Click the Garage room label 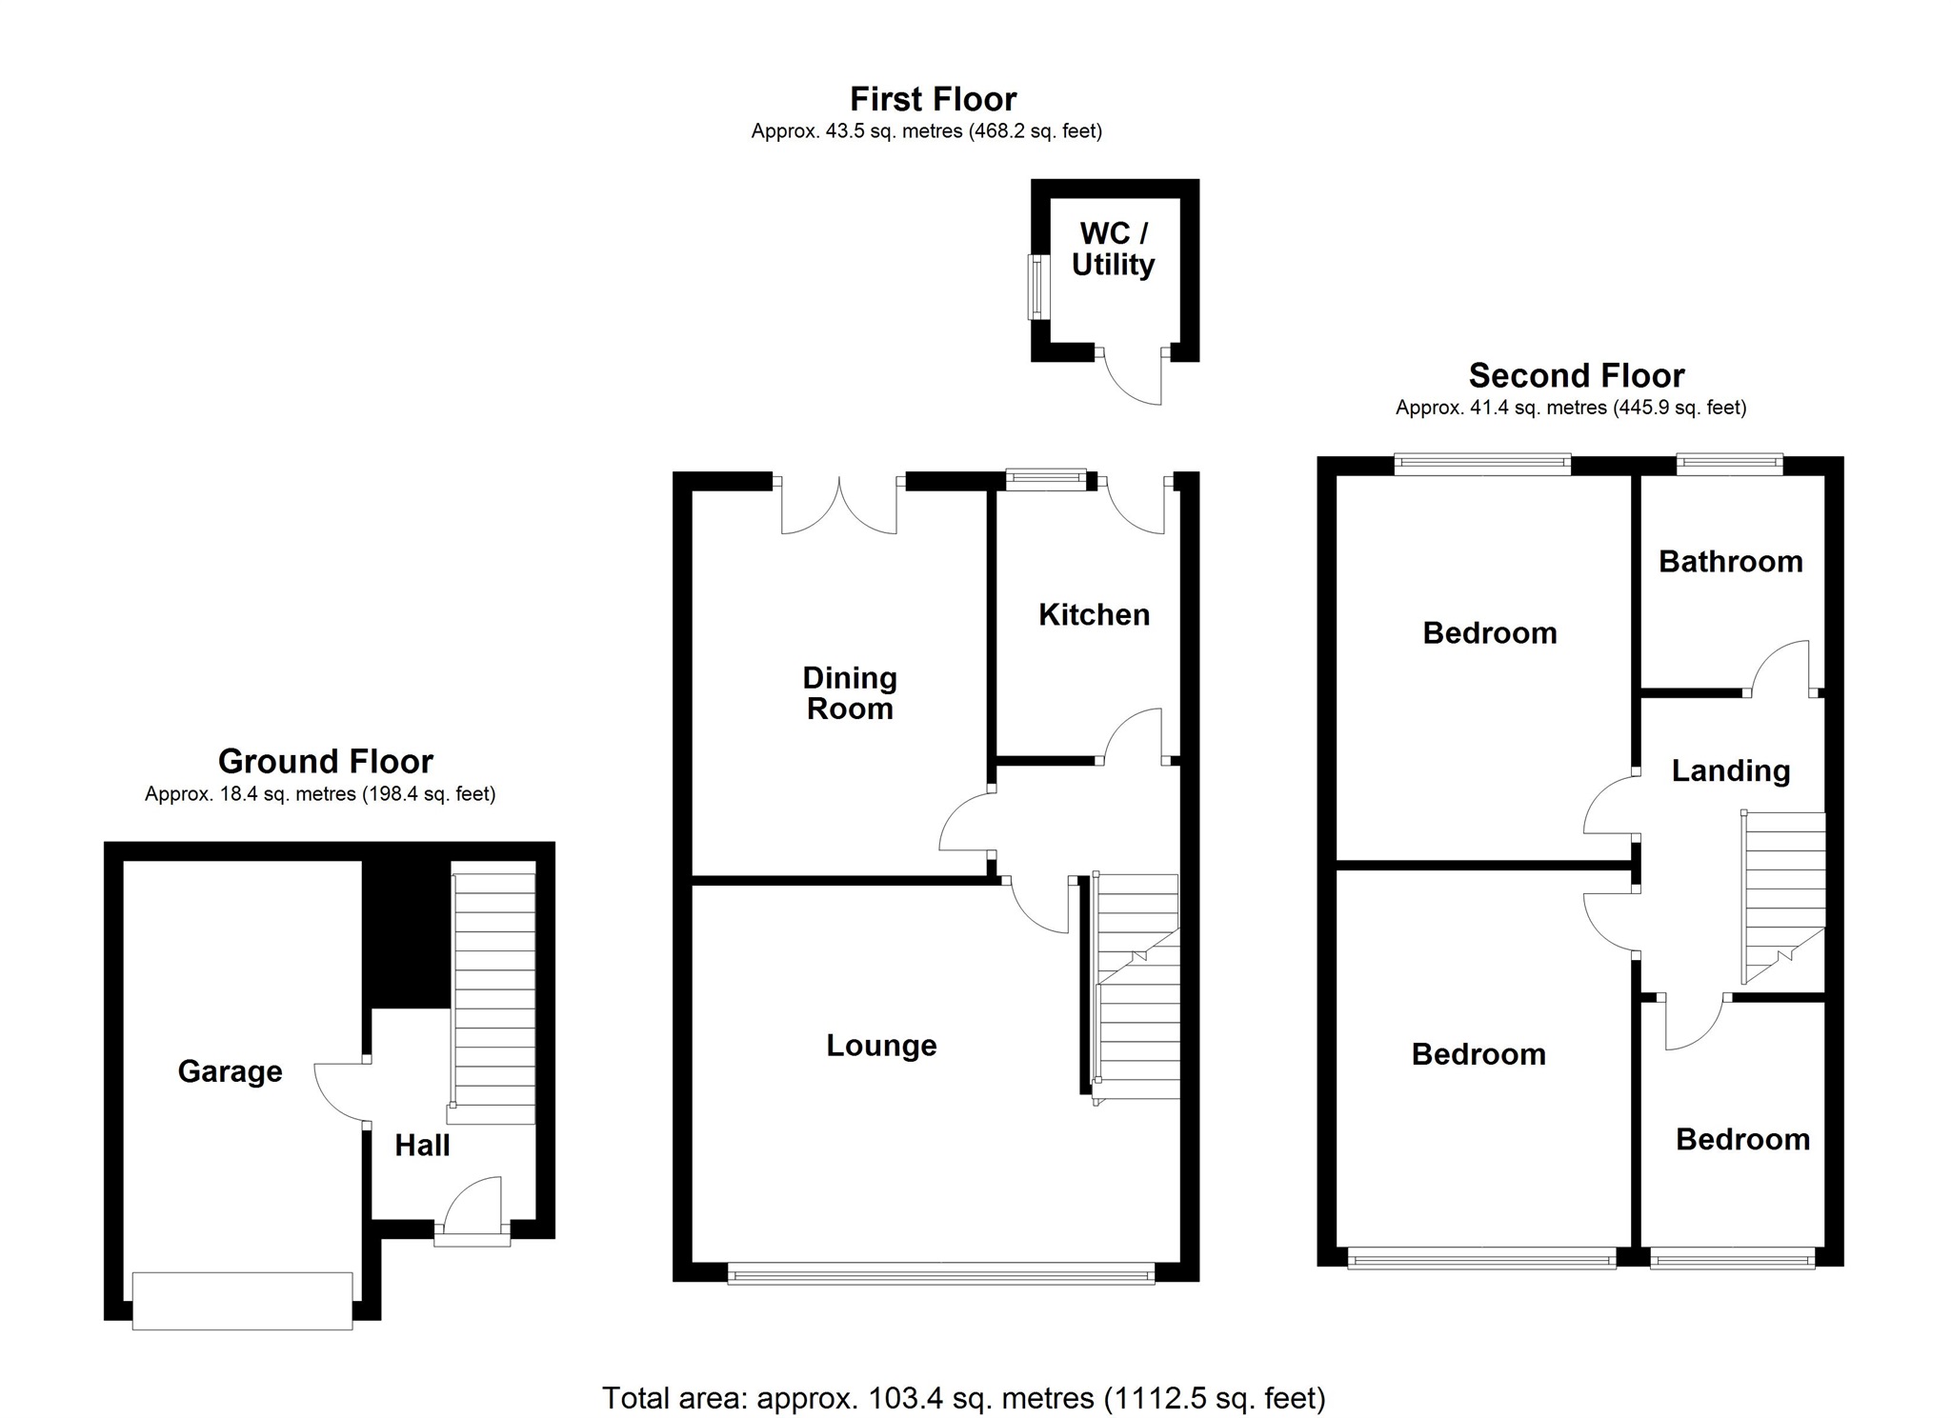pyautogui.click(x=230, y=1071)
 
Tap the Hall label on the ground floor pyautogui.click(x=422, y=1145)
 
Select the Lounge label pyautogui.click(x=881, y=1046)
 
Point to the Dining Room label pyautogui.click(x=850, y=693)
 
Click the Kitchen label pyautogui.click(x=1094, y=615)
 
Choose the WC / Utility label pyautogui.click(x=1113, y=250)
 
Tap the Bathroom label pyautogui.click(x=1730, y=562)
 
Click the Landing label pyautogui.click(x=1730, y=770)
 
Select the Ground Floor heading pyautogui.click(x=326, y=762)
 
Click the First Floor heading pyautogui.click(x=933, y=99)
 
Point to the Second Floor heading pyautogui.click(x=1576, y=376)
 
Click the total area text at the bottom pyautogui.click(x=963, y=1397)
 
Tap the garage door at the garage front pyautogui.click(x=242, y=1300)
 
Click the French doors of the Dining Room pyautogui.click(x=839, y=505)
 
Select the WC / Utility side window pyautogui.click(x=1034, y=286)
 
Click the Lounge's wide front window pyautogui.click(x=940, y=1273)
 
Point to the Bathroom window pyautogui.click(x=1729, y=465)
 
